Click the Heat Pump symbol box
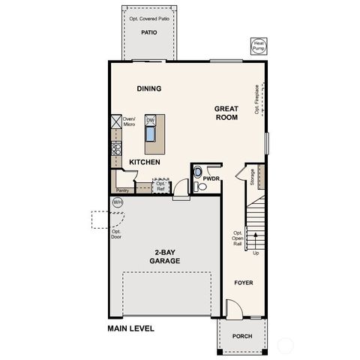pos(259,46)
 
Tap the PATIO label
pos(151,33)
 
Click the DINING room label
pos(149,88)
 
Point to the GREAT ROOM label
pos(226,112)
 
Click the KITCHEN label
pos(144,161)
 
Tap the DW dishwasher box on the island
pos(150,120)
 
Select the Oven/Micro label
pos(128,121)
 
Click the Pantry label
pos(121,190)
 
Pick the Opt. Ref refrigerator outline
pos(160,184)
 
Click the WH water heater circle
pos(117,202)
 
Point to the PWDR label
pos(211,178)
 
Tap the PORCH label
pos(241,336)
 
